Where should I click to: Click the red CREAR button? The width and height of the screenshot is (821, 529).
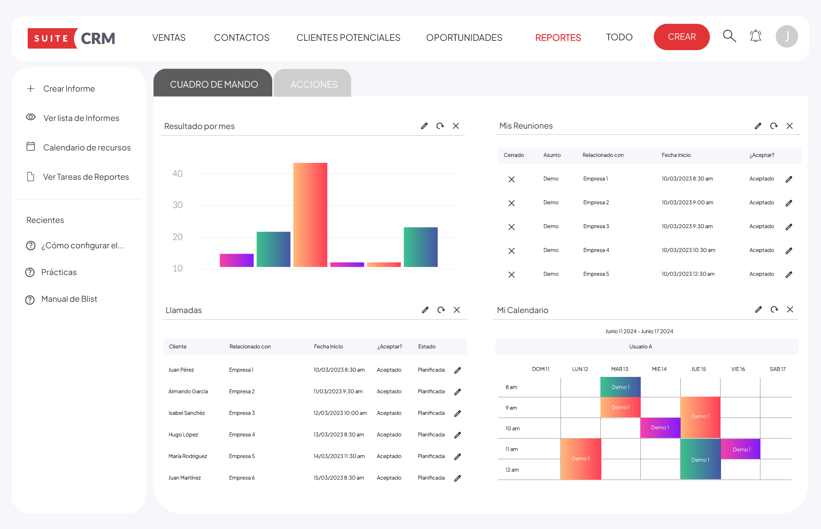point(681,37)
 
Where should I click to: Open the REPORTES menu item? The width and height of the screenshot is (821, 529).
point(558,38)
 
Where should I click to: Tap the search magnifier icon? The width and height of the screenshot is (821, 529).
point(729,36)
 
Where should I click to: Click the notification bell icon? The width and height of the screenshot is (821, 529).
point(755,36)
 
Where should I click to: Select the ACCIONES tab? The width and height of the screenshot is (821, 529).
point(314,84)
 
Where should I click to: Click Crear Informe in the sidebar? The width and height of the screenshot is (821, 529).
point(69,89)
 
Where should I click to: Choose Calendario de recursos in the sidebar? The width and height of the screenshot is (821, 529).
point(86,147)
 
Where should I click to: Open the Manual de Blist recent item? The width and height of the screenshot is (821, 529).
point(69,299)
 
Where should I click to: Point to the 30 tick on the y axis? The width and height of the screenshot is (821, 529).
point(177,205)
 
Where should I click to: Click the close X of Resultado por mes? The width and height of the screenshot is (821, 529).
point(456,126)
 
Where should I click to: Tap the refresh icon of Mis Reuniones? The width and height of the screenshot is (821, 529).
point(774,126)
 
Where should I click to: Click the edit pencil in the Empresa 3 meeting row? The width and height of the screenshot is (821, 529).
point(789,227)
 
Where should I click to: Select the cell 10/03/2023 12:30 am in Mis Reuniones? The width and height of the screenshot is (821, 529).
point(688,274)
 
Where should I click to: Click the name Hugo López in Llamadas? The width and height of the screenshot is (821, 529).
point(183,435)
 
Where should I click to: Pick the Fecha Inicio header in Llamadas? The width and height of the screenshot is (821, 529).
point(328,347)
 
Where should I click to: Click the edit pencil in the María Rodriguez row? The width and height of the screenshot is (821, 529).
point(458,457)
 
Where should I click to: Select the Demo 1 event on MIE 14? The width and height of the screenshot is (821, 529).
point(660,428)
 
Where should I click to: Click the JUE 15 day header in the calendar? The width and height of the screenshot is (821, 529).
point(698,369)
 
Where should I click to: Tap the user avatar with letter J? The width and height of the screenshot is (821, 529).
point(786,37)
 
